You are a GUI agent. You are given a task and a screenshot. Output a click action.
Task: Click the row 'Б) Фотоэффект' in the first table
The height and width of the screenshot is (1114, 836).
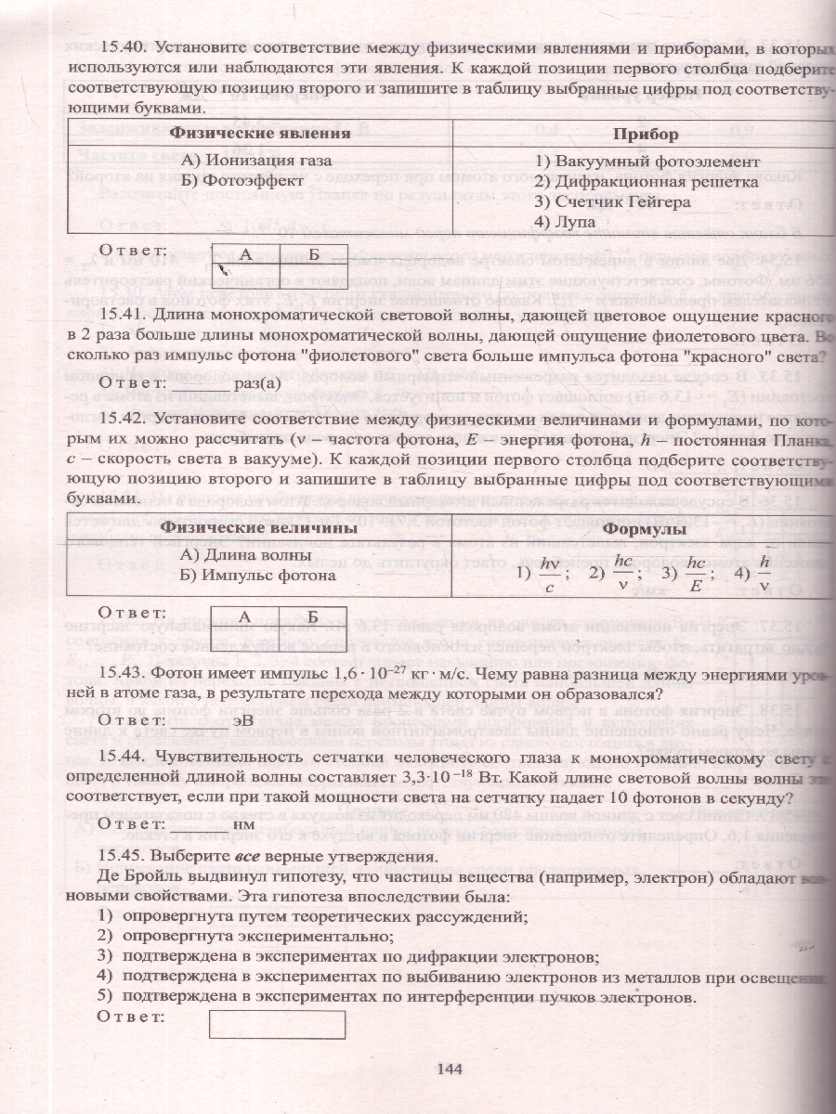click(x=242, y=181)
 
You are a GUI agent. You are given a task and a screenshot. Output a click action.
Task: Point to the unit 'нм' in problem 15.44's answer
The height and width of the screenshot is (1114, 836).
click(x=243, y=823)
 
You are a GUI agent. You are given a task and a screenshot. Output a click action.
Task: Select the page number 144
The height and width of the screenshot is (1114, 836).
click(x=450, y=1069)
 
